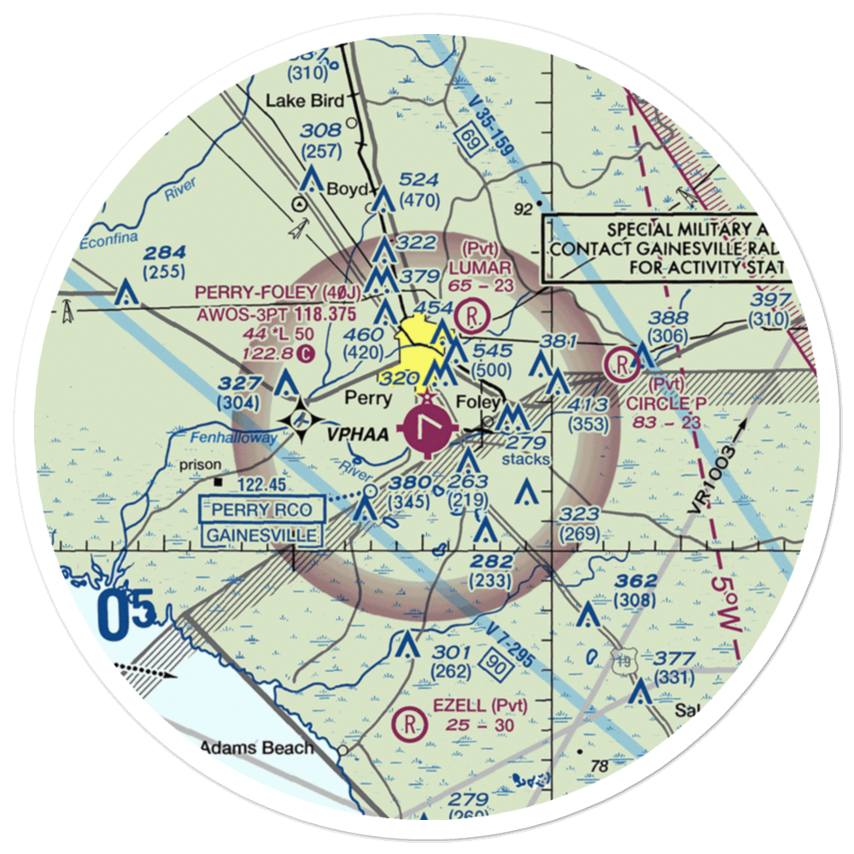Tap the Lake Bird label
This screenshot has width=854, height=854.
click(304, 101)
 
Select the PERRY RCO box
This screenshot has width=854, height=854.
click(261, 511)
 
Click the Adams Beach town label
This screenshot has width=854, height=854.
click(256, 748)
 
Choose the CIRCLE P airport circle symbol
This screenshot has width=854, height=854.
click(621, 366)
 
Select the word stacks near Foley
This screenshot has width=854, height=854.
click(525, 459)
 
